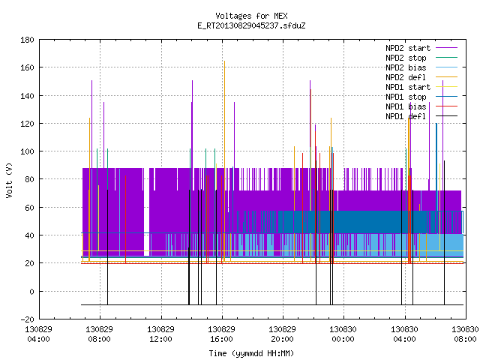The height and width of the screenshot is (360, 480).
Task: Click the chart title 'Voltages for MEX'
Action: pyautogui.click(x=251, y=16)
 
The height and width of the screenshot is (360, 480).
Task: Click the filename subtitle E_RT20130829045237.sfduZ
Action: pyautogui.click(x=251, y=25)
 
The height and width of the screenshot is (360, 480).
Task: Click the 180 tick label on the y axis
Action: pyautogui.click(x=27, y=40)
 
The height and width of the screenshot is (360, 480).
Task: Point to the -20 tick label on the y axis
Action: pyautogui.click(x=27, y=319)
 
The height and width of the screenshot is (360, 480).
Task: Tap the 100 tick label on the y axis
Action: pyautogui.click(x=27, y=151)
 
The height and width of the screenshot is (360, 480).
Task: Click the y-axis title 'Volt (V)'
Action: pyautogui.click(x=10, y=180)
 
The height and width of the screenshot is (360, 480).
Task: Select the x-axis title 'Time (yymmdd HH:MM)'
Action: pyautogui.click(x=251, y=353)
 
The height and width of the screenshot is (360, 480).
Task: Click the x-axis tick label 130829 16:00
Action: pyautogui.click(x=221, y=334)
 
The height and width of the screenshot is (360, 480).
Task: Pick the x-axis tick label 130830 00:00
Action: pyautogui.click(x=343, y=334)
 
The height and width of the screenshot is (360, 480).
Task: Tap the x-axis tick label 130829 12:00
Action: pyautogui.click(x=160, y=334)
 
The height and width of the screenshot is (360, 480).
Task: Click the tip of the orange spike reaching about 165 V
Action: pyautogui.click(x=224, y=61)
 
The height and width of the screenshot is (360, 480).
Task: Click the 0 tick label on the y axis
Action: pyautogui.click(x=31, y=292)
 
